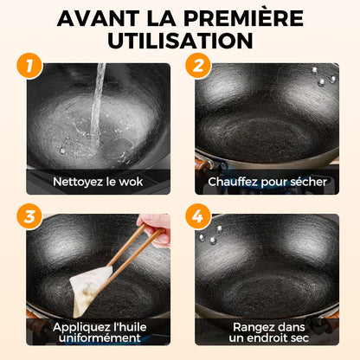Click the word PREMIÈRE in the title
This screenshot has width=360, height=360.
click(x=243, y=18)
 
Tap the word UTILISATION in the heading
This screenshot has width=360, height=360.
click(x=180, y=41)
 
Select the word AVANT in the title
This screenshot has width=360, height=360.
click(x=98, y=18)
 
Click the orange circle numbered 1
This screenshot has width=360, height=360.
click(x=29, y=66)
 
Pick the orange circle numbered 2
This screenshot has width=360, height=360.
click(x=198, y=66)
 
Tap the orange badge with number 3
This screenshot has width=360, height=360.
click(x=29, y=216)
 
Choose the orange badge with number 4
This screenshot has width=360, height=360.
click(x=198, y=216)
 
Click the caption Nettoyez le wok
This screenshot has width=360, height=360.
click(x=98, y=182)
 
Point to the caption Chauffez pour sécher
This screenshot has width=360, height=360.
click(x=267, y=182)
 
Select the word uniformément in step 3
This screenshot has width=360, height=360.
click(x=100, y=337)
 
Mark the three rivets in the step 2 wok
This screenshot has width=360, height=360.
click(x=323, y=77)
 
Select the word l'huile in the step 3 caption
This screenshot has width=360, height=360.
click(x=131, y=327)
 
